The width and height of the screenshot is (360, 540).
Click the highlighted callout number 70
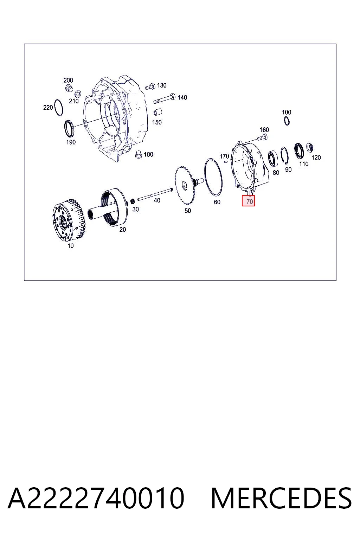249,201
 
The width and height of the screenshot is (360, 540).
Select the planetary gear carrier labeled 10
68,220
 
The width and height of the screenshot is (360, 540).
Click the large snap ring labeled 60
213,176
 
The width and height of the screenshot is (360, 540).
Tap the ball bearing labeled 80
273,159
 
